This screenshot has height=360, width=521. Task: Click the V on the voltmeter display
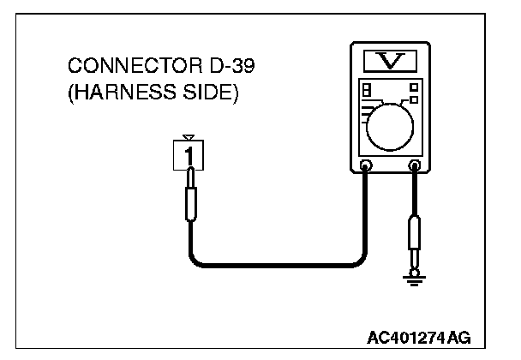point(389,60)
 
